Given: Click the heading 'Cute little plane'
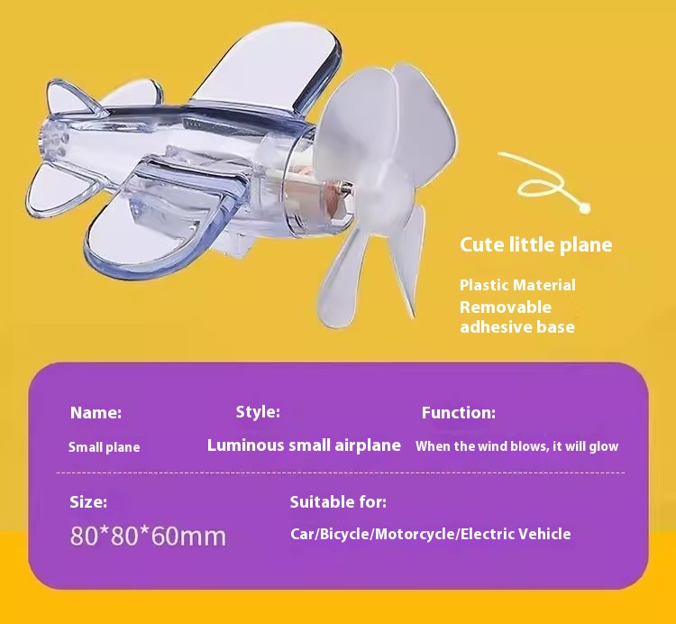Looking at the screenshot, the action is pos(536,245).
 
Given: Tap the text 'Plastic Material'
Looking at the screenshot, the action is pos(517,285).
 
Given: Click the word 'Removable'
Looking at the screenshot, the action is pos(506,307).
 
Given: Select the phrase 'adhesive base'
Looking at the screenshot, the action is pos(517,326).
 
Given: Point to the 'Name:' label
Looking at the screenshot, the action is pos(96,413).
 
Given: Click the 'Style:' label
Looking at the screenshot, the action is pos(258,412).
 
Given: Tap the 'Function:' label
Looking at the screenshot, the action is pos(458,413).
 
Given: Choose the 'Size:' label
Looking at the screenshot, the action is pos(88,502).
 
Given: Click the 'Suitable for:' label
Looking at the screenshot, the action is pos(338,502).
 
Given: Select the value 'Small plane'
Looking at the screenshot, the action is pos(104,447).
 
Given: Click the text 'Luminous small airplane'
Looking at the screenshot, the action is pos(304,445).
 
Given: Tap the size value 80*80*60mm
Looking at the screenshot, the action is pos(148,536).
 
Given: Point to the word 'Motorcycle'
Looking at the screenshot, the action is pos(415,535).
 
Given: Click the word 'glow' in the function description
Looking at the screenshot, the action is pos(604,446).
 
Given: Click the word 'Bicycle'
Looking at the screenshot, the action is pos(344,535).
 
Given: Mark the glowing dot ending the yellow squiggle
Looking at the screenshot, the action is pos(584,208).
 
